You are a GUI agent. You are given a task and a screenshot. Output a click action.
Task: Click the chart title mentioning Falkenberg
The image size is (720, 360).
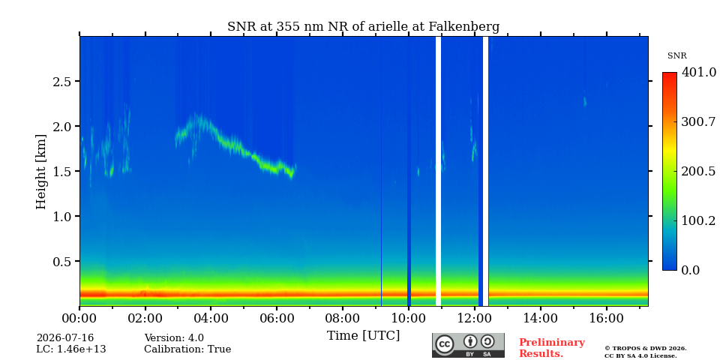pyautogui.click(x=363, y=27)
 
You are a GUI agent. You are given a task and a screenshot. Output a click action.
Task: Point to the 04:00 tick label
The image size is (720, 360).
pyautogui.click(x=211, y=318)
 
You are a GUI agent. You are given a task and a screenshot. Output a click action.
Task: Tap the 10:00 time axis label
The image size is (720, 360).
pyautogui.click(x=409, y=318)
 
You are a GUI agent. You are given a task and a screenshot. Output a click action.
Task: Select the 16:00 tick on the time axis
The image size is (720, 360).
pyautogui.click(x=606, y=318)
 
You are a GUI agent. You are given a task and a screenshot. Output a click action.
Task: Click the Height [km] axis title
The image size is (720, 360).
pyautogui.click(x=41, y=172)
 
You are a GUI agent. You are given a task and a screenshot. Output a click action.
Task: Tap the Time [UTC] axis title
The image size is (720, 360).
pyautogui.click(x=363, y=336)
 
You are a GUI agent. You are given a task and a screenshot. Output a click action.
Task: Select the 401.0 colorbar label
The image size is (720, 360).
pyautogui.click(x=698, y=72)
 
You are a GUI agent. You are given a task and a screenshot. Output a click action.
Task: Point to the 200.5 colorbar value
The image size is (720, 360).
pyautogui.click(x=698, y=171)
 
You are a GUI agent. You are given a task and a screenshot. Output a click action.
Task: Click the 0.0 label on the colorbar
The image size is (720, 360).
pyautogui.click(x=690, y=270)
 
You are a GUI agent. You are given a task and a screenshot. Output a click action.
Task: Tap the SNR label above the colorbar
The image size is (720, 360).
pyautogui.click(x=676, y=56)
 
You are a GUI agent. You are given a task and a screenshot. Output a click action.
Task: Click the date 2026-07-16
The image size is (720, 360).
pyautogui.click(x=65, y=338)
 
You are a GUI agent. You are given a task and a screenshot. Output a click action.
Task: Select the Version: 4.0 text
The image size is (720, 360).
pyautogui.click(x=174, y=338)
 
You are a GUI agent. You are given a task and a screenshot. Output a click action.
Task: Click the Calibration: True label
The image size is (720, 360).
pyautogui.click(x=187, y=349)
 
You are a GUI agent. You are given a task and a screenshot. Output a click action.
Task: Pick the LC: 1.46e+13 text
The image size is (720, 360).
pyautogui.click(x=71, y=349)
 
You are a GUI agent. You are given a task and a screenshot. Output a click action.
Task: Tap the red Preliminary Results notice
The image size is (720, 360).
pyautogui.click(x=552, y=348)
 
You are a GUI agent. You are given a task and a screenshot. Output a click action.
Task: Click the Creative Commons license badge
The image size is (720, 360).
pyautogui.click(x=468, y=345)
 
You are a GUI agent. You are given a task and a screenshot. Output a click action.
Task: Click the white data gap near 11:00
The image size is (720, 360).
pyautogui.click(x=438, y=171)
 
